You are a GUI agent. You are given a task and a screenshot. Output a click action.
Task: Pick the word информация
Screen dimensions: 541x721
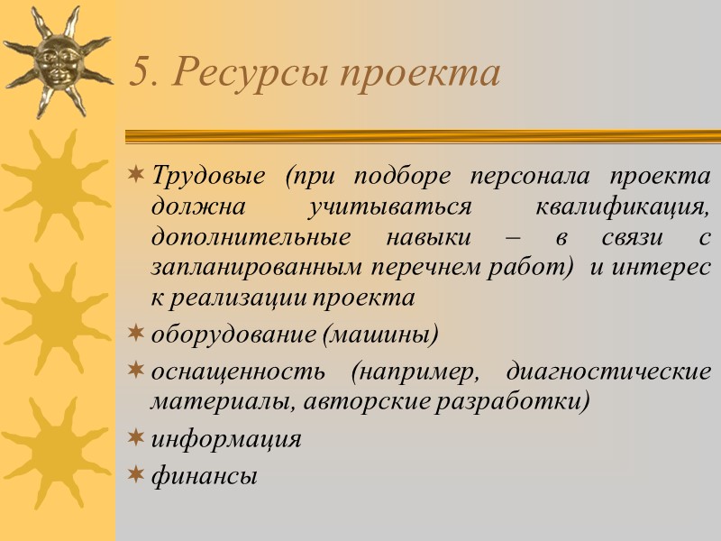(x=225, y=439)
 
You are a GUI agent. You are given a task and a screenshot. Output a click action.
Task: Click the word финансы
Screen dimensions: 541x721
(x=204, y=475)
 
